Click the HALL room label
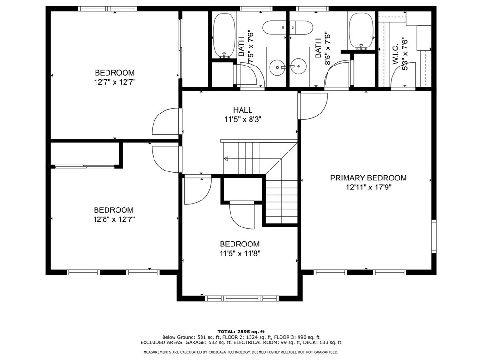(x=242, y=110)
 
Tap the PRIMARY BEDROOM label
(x=368, y=178)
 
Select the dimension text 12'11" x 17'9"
(x=368, y=188)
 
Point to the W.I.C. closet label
(x=395, y=54)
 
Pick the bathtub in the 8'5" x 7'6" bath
(x=361, y=31)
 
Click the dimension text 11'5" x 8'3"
(x=242, y=119)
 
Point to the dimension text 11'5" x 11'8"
(x=240, y=254)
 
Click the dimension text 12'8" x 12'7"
(x=114, y=219)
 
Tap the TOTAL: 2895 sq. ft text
(x=241, y=332)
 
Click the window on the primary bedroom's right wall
(x=434, y=236)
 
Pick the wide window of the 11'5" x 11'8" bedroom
(x=242, y=298)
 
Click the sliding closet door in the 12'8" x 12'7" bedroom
(x=85, y=167)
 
